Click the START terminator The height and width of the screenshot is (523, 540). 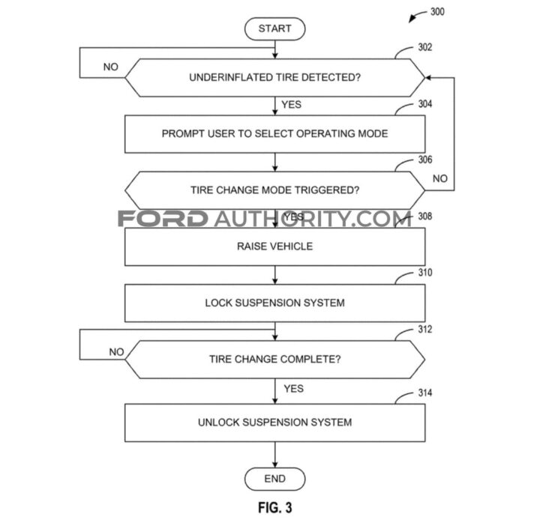[275, 28]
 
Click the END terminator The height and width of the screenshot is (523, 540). [275, 479]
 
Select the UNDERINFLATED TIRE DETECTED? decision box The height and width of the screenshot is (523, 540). [275, 77]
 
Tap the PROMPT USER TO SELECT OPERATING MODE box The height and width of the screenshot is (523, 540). [275, 134]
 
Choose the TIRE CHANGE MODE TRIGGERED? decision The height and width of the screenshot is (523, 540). [275, 190]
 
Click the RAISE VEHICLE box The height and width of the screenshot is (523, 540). [275, 247]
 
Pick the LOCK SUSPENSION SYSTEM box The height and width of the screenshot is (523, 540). [275, 303]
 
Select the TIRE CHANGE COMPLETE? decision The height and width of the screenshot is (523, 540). [275, 359]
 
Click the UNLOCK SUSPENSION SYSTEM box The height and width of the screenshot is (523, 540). [275, 423]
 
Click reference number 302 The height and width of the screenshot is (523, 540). [425, 48]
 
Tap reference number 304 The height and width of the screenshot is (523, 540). [425, 105]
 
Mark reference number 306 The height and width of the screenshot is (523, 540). [425, 161]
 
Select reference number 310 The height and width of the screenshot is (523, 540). [425, 273]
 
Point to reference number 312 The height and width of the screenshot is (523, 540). [425, 330]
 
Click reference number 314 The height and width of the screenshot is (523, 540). [425, 393]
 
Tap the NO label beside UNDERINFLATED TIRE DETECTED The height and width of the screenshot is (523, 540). [111, 67]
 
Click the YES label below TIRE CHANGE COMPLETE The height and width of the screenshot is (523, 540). [293, 389]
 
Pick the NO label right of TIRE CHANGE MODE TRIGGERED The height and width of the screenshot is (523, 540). [440, 179]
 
